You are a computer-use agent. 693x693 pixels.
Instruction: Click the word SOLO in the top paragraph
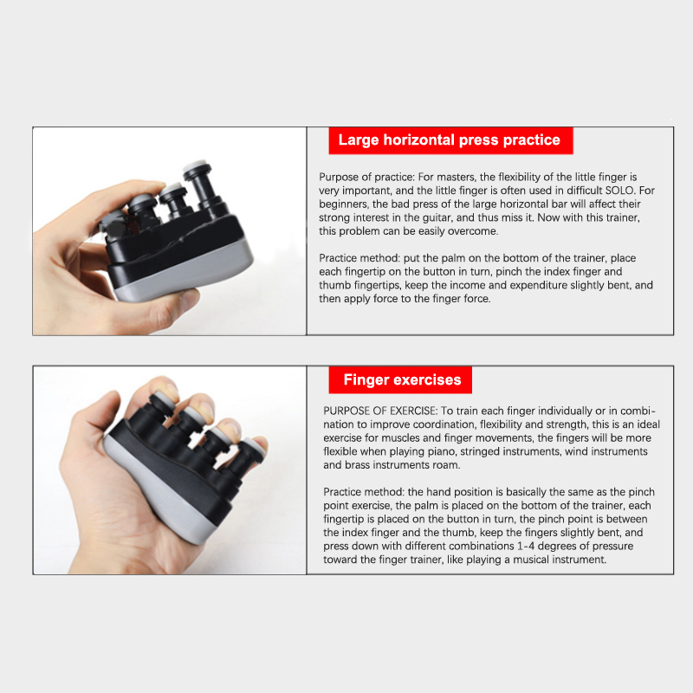click(619, 191)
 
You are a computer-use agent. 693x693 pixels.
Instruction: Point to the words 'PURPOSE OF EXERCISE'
click(379, 411)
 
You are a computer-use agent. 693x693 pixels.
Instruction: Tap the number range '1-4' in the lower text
click(526, 546)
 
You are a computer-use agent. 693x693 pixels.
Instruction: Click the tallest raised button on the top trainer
click(200, 184)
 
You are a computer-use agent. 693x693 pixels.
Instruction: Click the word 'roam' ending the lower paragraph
click(448, 465)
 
